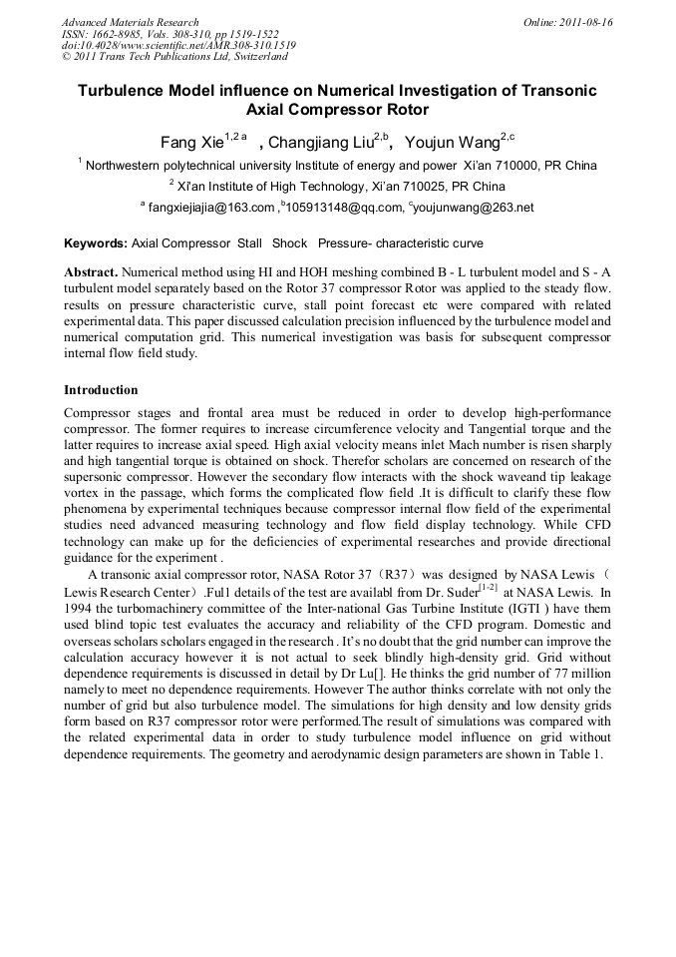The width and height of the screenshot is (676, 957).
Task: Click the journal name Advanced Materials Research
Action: (130, 22)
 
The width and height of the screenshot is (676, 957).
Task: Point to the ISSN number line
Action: (169, 34)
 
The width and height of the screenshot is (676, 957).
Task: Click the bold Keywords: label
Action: (96, 243)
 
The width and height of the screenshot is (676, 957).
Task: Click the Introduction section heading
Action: (101, 389)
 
